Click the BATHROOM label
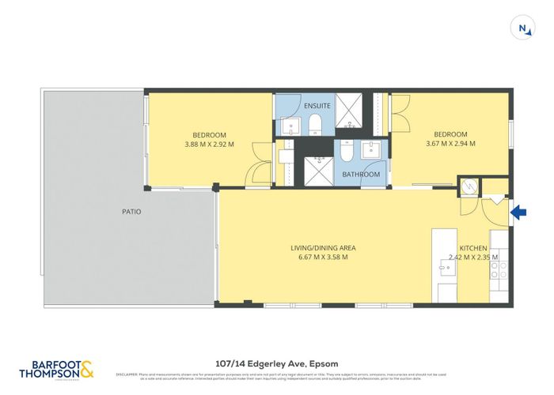(x=361, y=174)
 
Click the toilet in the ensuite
(x=315, y=125)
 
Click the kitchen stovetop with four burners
(x=500, y=272)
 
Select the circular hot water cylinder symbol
(x=468, y=186)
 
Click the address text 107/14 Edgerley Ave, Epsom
(x=276, y=366)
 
